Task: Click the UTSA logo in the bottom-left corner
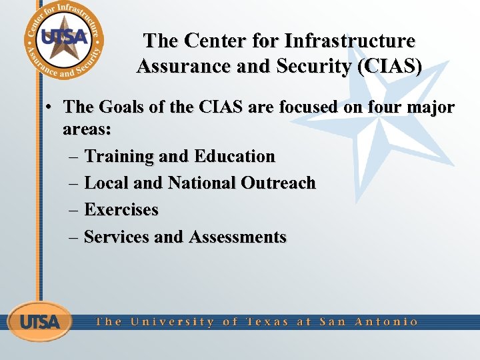point(39,321)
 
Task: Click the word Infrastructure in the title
point(350,41)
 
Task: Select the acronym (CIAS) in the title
point(389,67)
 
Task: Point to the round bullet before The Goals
point(50,107)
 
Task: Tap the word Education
point(235,157)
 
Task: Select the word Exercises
point(121,210)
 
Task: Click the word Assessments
point(237,237)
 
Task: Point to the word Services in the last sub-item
point(117,237)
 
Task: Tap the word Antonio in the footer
point(387,321)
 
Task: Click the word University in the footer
point(173,321)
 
